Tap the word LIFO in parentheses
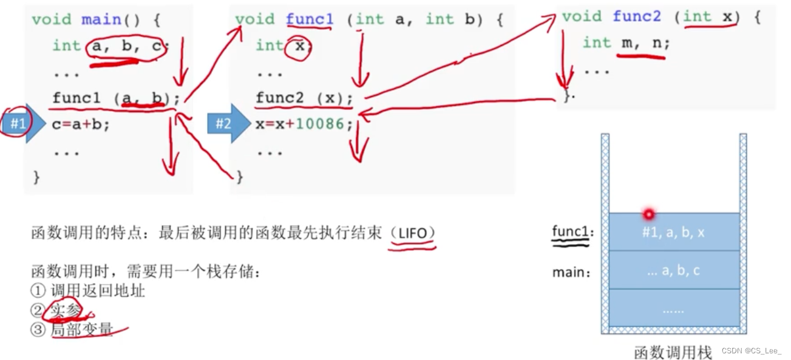[x=413, y=233]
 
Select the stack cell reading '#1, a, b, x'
[x=673, y=233]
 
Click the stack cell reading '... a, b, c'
[x=673, y=270]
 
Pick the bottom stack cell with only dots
[x=673, y=309]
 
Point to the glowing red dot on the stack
[x=649, y=214]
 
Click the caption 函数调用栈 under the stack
[x=673, y=352]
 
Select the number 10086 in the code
[x=320, y=124]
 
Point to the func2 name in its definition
[x=636, y=16]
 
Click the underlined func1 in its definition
[x=310, y=19]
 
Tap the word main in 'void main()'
[x=101, y=19]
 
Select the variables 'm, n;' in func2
[x=645, y=43]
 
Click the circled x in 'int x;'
[x=298, y=46]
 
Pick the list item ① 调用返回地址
[x=88, y=291]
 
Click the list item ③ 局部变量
[x=80, y=330]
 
